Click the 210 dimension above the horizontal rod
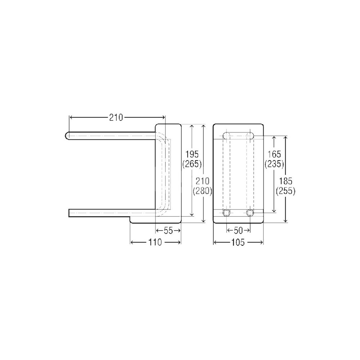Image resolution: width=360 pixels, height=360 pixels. click(x=116, y=118)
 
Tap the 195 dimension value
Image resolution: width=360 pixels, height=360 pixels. click(x=192, y=154)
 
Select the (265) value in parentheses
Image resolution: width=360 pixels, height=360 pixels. click(x=192, y=164)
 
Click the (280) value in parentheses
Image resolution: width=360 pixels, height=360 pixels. click(x=202, y=191)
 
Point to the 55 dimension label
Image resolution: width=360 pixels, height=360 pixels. click(x=168, y=231)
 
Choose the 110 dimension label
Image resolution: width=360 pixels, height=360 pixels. click(x=155, y=242)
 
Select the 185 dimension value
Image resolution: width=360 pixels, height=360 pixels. click(x=285, y=181)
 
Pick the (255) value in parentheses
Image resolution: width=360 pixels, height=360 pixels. click(x=285, y=191)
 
